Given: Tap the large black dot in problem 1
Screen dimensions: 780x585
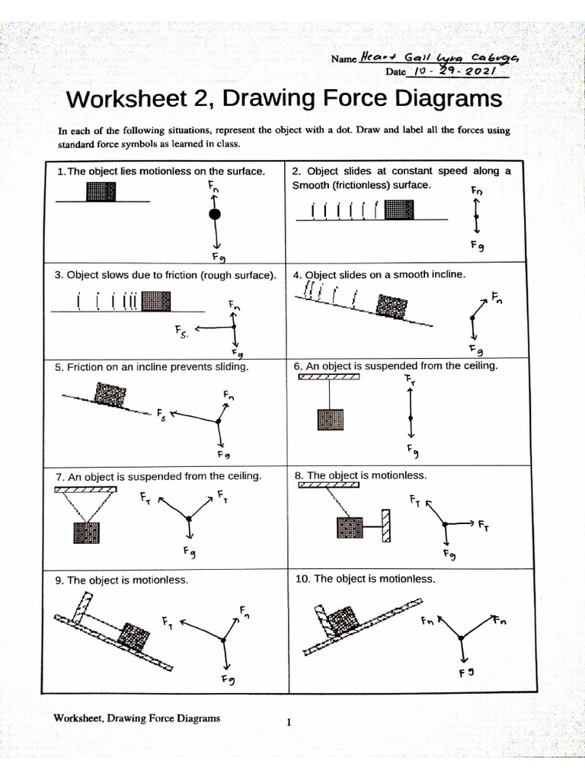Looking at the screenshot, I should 215,214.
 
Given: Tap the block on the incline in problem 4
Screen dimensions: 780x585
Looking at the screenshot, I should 393,307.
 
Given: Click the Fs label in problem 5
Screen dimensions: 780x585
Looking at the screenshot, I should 161,415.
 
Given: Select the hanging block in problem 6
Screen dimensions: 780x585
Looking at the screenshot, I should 330,421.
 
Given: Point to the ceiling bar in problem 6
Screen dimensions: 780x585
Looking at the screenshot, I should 329,376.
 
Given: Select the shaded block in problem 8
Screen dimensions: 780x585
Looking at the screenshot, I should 349,527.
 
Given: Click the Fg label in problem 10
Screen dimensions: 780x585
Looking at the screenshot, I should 467,673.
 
